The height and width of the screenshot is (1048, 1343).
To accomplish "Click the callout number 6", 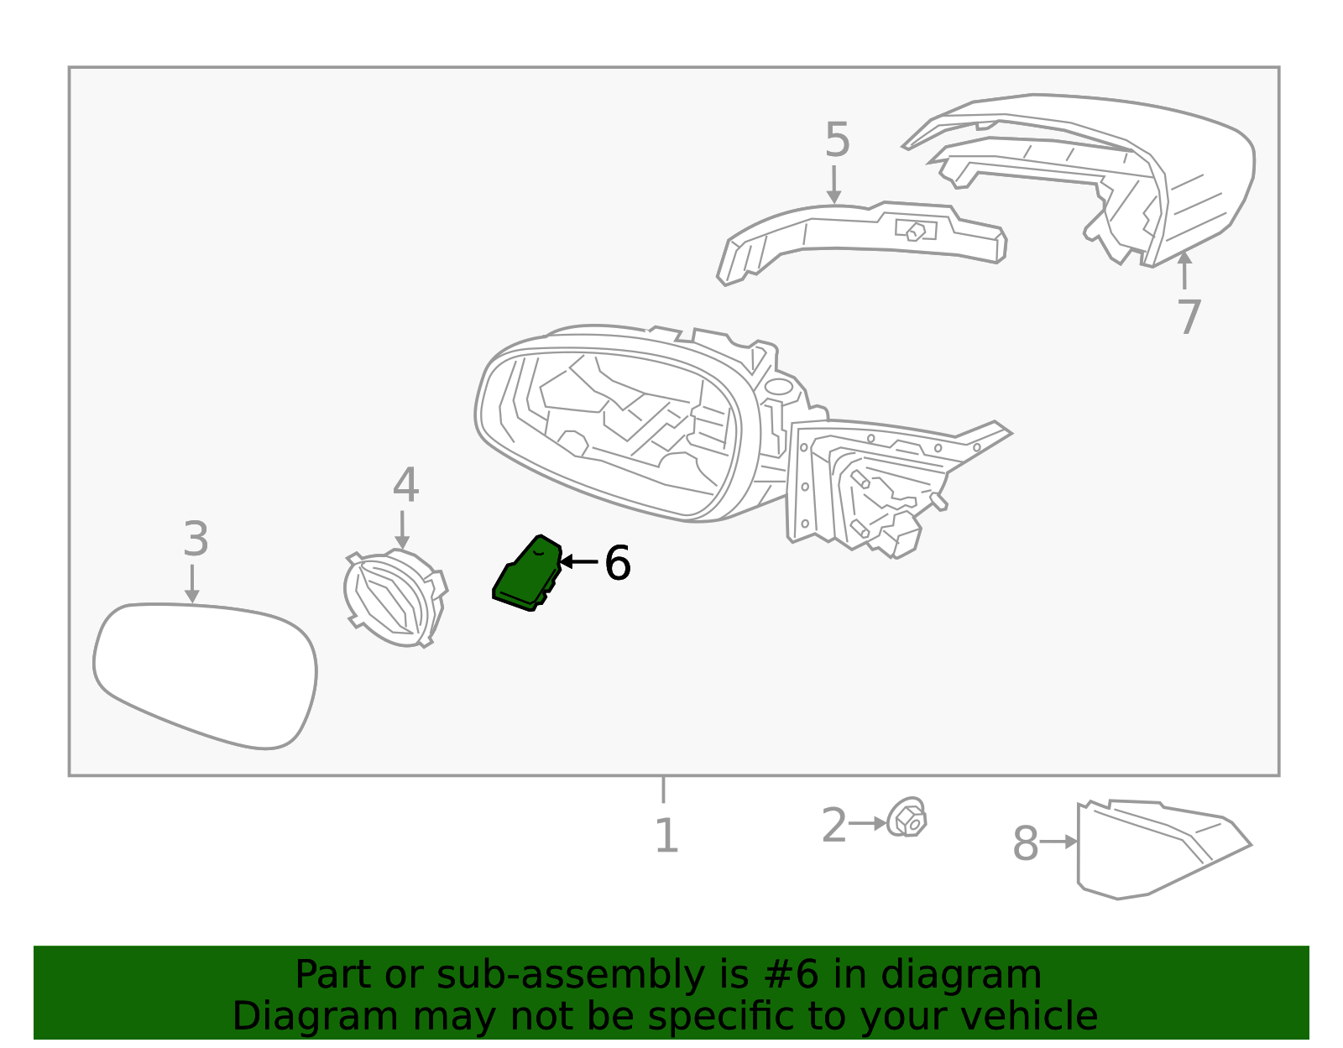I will point(617,563).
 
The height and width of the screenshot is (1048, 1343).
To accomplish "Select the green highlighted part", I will point(526,576).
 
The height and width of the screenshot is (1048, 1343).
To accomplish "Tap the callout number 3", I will point(196,540).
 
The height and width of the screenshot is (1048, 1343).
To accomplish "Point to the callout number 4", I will point(405,485).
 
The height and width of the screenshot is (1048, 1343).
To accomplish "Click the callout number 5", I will point(837,140).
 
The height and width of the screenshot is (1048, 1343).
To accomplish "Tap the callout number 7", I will point(1189,317).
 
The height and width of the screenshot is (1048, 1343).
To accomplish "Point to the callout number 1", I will point(666,837).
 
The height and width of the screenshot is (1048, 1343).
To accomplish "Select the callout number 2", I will point(833,826).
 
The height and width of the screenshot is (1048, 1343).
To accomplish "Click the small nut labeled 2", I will point(908,819).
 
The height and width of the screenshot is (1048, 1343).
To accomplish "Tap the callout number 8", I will point(1025,844).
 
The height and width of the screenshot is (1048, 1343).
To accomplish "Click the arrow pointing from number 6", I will point(578,561).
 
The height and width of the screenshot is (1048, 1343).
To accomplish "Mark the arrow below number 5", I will point(833,185).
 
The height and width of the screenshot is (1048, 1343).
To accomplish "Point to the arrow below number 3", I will point(192,584).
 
